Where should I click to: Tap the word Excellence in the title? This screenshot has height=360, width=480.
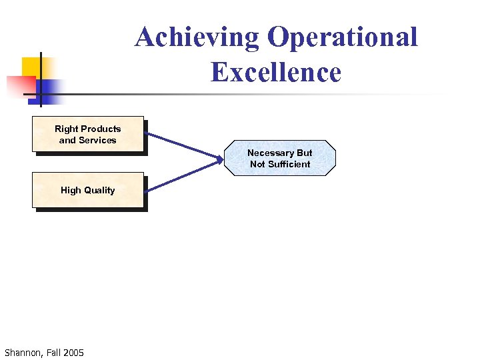[275, 72]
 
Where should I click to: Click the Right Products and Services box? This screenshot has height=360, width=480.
[88, 135]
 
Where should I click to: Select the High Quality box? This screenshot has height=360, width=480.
[88, 190]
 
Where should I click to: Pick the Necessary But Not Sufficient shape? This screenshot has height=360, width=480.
[280, 158]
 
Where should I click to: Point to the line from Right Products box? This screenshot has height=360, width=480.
[180, 145]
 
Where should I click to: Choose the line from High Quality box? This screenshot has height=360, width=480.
[180, 176]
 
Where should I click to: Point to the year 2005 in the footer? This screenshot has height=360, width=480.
[73, 352]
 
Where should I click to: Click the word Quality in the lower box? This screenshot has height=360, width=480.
[99, 190]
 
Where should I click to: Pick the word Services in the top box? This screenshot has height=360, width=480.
[97, 140]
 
